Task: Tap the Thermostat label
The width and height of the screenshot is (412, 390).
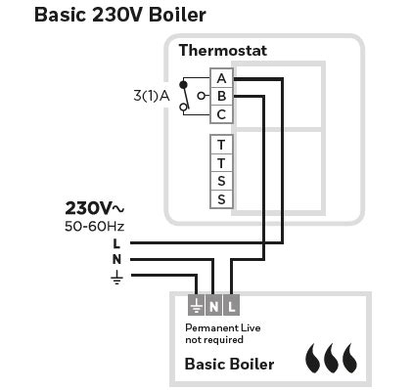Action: (222, 50)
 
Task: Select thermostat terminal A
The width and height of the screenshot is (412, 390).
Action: (222, 77)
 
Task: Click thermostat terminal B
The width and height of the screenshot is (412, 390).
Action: (222, 96)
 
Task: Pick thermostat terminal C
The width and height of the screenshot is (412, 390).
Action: (222, 113)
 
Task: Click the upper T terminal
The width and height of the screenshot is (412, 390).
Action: (222, 145)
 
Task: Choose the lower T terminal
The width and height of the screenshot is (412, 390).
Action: (222, 162)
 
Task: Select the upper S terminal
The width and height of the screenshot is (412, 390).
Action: (222, 181)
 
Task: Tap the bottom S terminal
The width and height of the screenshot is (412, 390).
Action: (222, 198)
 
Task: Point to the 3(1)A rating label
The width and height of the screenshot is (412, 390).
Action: (152, 96)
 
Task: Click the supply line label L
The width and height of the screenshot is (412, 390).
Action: (116, 243)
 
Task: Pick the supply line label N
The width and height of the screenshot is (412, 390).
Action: (116, 259)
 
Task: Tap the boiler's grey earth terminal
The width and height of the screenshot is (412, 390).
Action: (196, 304)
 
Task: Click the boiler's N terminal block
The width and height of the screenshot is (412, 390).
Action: (213, 304)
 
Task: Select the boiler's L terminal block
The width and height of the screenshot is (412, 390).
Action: (231, 304)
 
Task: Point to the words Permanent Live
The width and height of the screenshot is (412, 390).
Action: (223, 327)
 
